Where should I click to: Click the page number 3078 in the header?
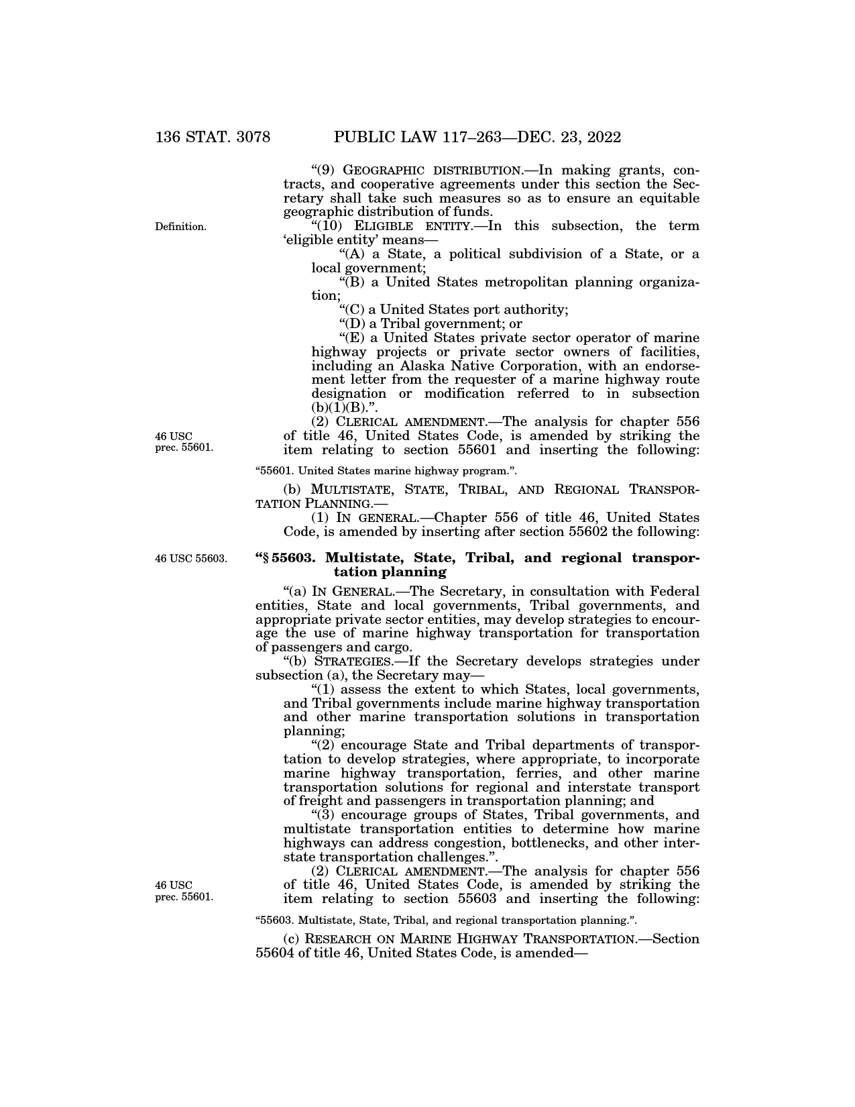[x=246, y=138]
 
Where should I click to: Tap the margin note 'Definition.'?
[x=180, y=227]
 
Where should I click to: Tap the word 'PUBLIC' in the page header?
[x=362, y=138]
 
